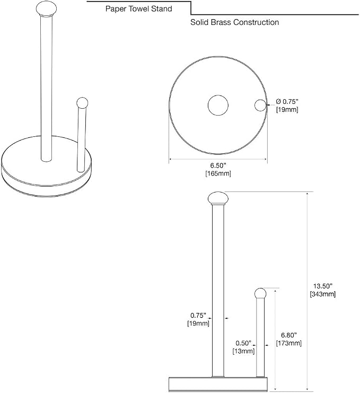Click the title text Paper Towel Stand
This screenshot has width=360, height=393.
coord(138,9)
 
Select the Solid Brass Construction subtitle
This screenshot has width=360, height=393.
coord(234,22)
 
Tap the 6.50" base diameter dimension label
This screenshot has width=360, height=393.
coord(218,165)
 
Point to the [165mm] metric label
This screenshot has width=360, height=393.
coord(218,173)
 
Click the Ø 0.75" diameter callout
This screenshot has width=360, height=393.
coord(287,101)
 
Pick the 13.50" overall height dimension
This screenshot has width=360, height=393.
coord(323,286)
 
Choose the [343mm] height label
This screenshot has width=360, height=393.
coord(323,294)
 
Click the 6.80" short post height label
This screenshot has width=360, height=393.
coord(288,335)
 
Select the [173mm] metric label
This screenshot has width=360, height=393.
coord(288,343)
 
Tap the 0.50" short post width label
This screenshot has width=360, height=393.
coord(243,343)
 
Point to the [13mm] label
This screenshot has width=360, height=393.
coord(243,351)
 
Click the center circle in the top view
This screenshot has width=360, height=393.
coord(218,105)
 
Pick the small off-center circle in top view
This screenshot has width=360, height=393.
coord(260,105)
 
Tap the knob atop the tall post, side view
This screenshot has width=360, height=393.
coord(218,198)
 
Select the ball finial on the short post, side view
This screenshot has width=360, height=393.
coord(260,293)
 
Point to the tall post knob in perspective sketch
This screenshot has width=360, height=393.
coord(46,9)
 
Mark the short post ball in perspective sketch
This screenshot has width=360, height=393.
coord(82,103)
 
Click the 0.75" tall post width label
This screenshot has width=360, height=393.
coord(198,316)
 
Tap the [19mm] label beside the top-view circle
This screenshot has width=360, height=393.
coord(287,110)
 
